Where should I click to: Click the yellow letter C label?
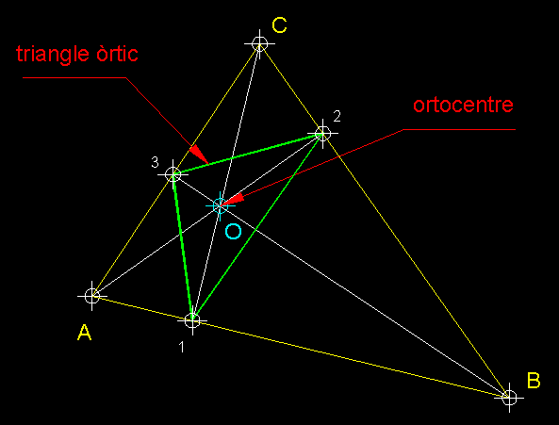click(x=279, y=25)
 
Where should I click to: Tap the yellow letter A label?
click(x=85, y=333)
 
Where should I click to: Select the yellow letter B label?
click(x=534, y=380)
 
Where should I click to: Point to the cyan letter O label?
click(x=233, y=232)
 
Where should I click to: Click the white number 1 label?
click(x=181, y=347)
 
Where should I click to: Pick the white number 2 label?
click(x=337, y=116)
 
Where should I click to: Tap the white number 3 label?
click(x=155, y=162)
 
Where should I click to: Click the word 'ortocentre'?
click(x=463, y=105)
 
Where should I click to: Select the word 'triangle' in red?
click(x=53, y=54)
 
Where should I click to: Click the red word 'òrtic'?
click(x=117, y=54)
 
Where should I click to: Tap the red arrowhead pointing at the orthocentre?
click(x=233, y=199)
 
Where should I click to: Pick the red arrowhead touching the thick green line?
click(x=199, y=155)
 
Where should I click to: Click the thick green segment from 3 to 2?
click(x=248, y=155)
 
